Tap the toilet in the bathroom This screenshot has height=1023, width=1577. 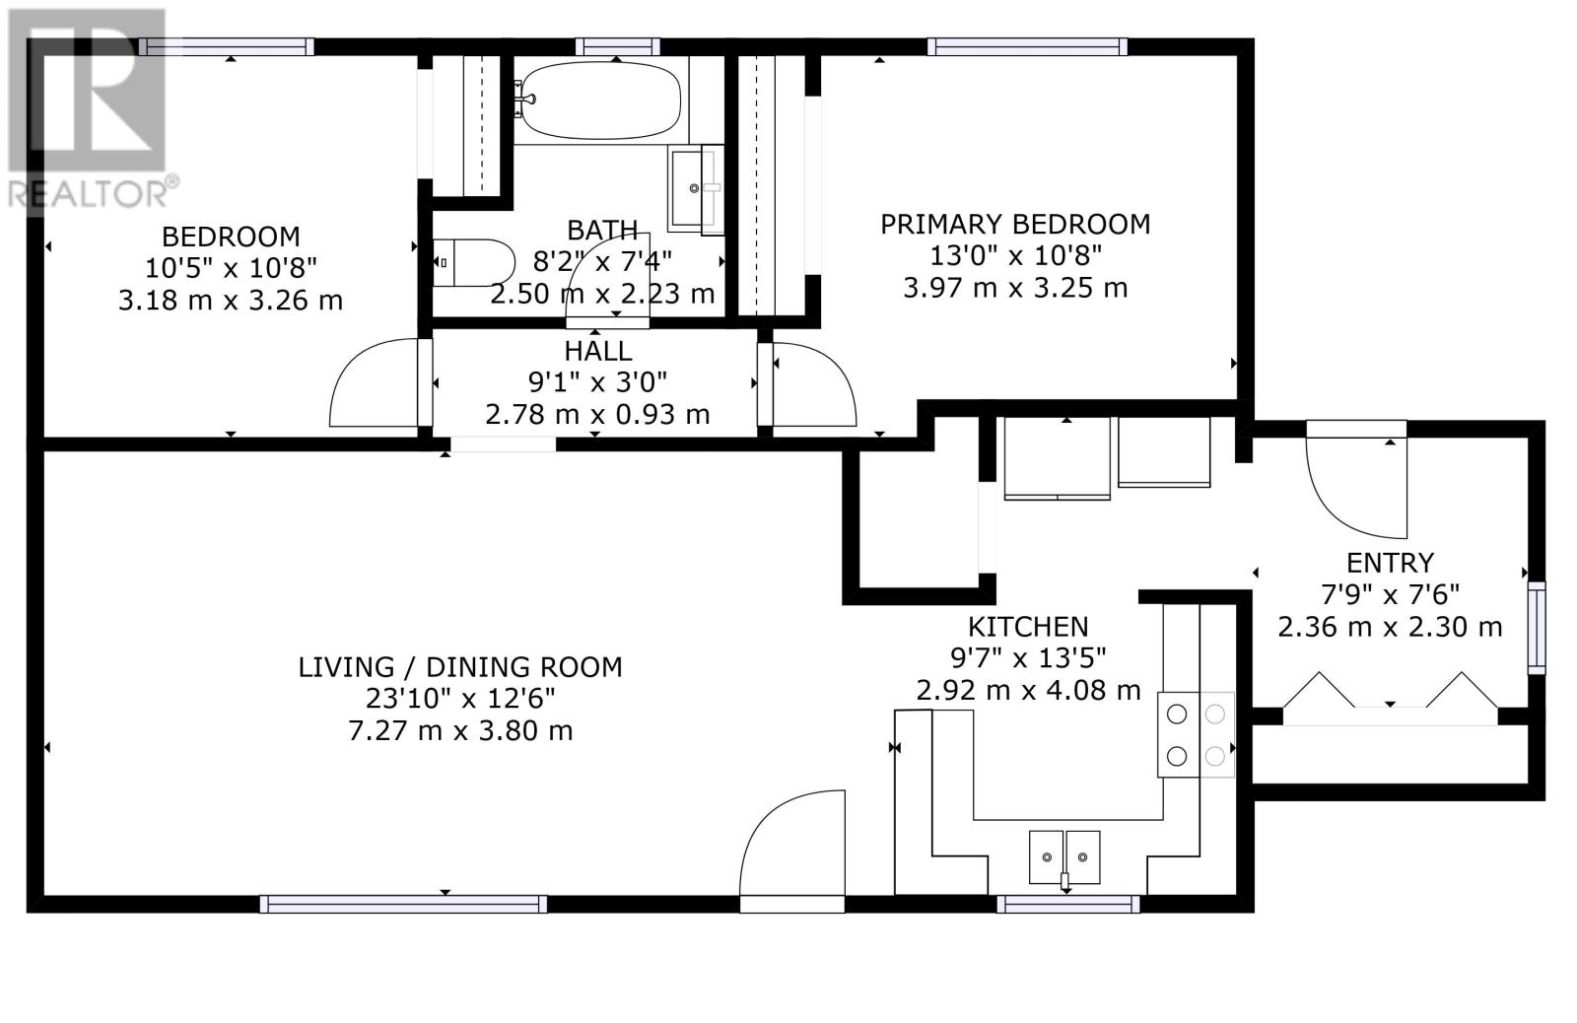472,262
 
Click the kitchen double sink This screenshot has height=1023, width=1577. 1064,856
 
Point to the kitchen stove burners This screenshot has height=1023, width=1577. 1197,734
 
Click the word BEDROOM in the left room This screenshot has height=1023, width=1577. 231,237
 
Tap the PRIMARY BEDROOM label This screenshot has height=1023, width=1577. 1015,224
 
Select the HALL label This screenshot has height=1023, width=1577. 597,351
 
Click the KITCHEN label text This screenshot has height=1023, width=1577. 1028,626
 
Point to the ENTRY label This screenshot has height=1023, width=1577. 1390,563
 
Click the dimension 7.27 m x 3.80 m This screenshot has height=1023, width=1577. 460,730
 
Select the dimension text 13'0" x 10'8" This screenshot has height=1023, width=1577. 1015,255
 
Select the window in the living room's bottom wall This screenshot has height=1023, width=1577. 403,904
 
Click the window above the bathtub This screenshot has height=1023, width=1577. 617,47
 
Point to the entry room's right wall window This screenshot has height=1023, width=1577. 1537,628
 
